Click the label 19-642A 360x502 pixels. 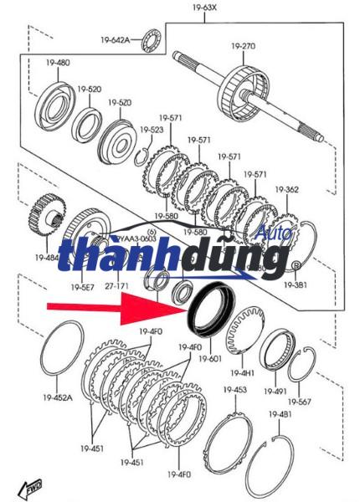(116, 39)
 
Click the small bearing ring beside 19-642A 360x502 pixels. (152, 38)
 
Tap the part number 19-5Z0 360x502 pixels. (119, 102)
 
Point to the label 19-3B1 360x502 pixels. (294, 285)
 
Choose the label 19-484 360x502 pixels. (47, 257)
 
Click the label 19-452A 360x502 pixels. (58, 398)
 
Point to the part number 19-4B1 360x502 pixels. (280, 414)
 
